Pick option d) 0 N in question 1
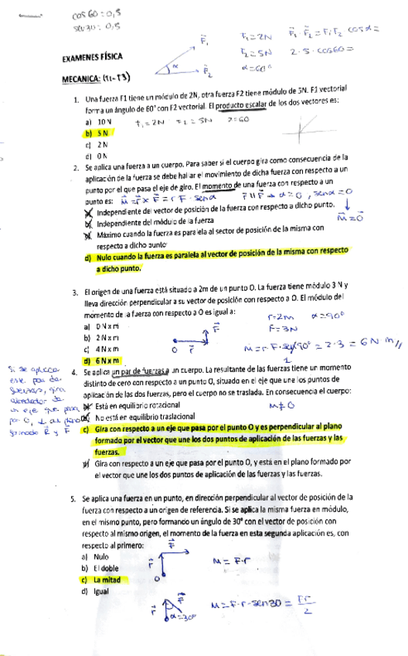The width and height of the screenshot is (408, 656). [x=97, y=155]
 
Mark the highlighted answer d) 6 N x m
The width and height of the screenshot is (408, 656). [x=104, y=360]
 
